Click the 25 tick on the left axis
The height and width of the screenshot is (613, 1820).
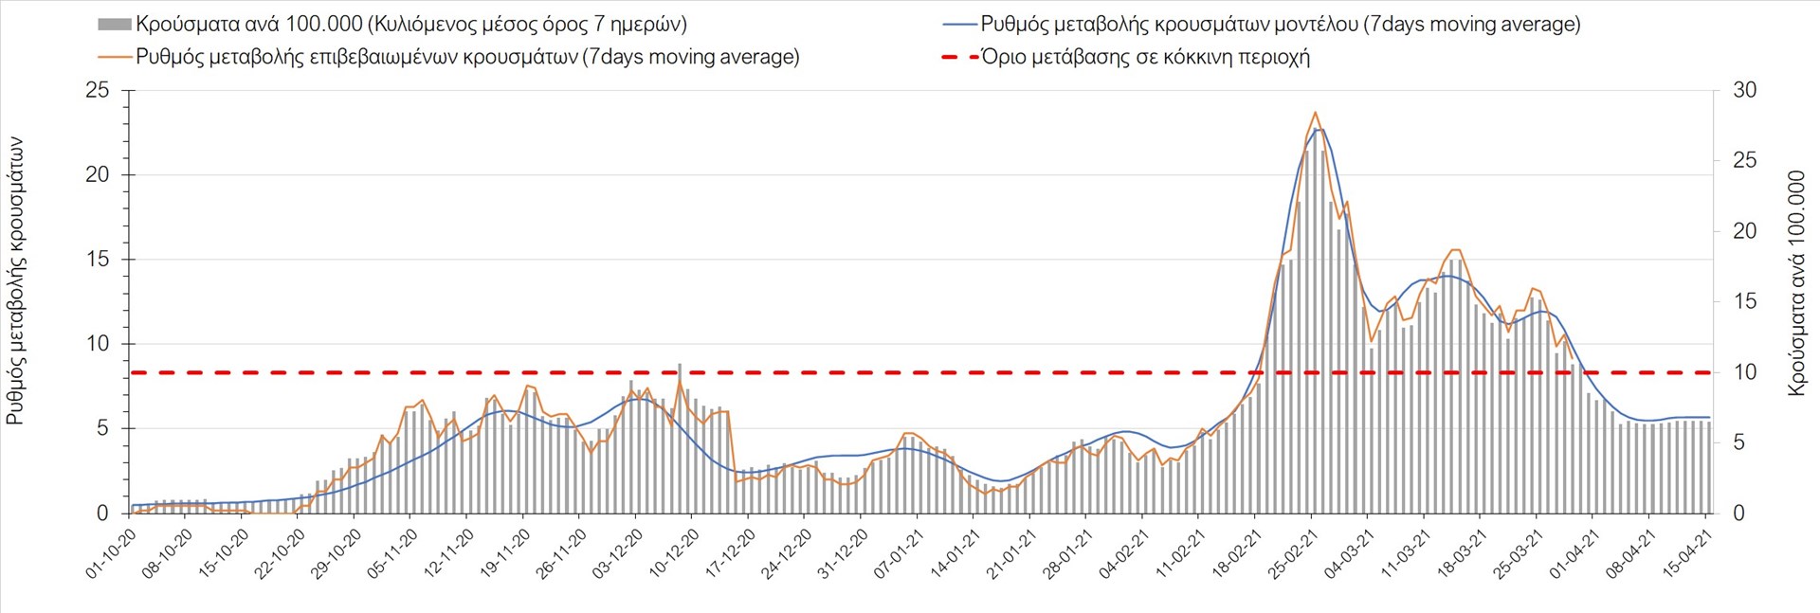coord(98,91)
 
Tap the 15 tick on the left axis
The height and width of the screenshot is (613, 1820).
coord(98,260)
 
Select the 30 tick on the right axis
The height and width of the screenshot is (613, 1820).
coord(1745,91)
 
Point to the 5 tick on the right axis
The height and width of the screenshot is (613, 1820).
coord(1739,442)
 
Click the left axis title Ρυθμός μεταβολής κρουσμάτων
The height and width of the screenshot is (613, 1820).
coord(15,280)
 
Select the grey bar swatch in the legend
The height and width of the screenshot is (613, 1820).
coord(114,25)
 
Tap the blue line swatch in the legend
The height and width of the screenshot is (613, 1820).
coord(959,25)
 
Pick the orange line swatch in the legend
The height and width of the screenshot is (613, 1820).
coord(114,57)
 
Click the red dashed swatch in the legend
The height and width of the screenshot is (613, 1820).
coord(959,57)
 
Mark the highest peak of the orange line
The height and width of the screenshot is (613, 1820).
coord(1315,113)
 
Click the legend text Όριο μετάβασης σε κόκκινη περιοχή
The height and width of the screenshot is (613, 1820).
coord(1145,57)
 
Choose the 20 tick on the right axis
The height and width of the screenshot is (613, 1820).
coord(1745,231)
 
